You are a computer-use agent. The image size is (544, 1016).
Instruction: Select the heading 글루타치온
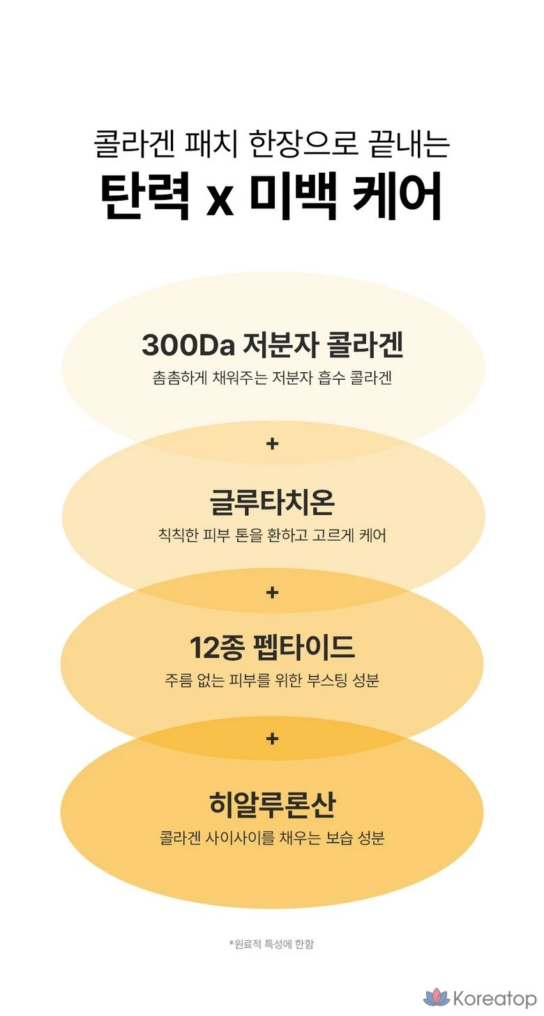pyautogui.click(x=272, y=500)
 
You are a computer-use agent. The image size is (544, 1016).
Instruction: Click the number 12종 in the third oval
pyautogui.click(x=216, y=648)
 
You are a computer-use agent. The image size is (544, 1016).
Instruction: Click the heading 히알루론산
pyautogui.click(x=272, y=805)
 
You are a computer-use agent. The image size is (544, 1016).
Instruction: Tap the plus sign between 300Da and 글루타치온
pyautogui.click(x=272, y=443)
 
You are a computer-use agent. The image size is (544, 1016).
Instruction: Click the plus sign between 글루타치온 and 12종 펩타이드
pyautogui.click(x=272, y=592)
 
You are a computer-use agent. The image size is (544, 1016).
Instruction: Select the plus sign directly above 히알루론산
pyautogui.click(x=272, y=738)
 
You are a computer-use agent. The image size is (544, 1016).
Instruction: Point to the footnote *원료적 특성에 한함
pyautogui.click(x=272, y=944)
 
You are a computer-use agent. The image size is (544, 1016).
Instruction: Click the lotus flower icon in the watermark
pyautogui.click(x=436, y=997)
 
